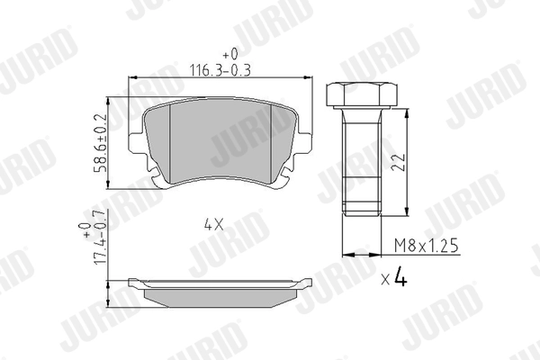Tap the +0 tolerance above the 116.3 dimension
point(221,53)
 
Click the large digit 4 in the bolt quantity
point(400,278)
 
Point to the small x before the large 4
point(384,281)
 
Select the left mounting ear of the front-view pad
point(138,148)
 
